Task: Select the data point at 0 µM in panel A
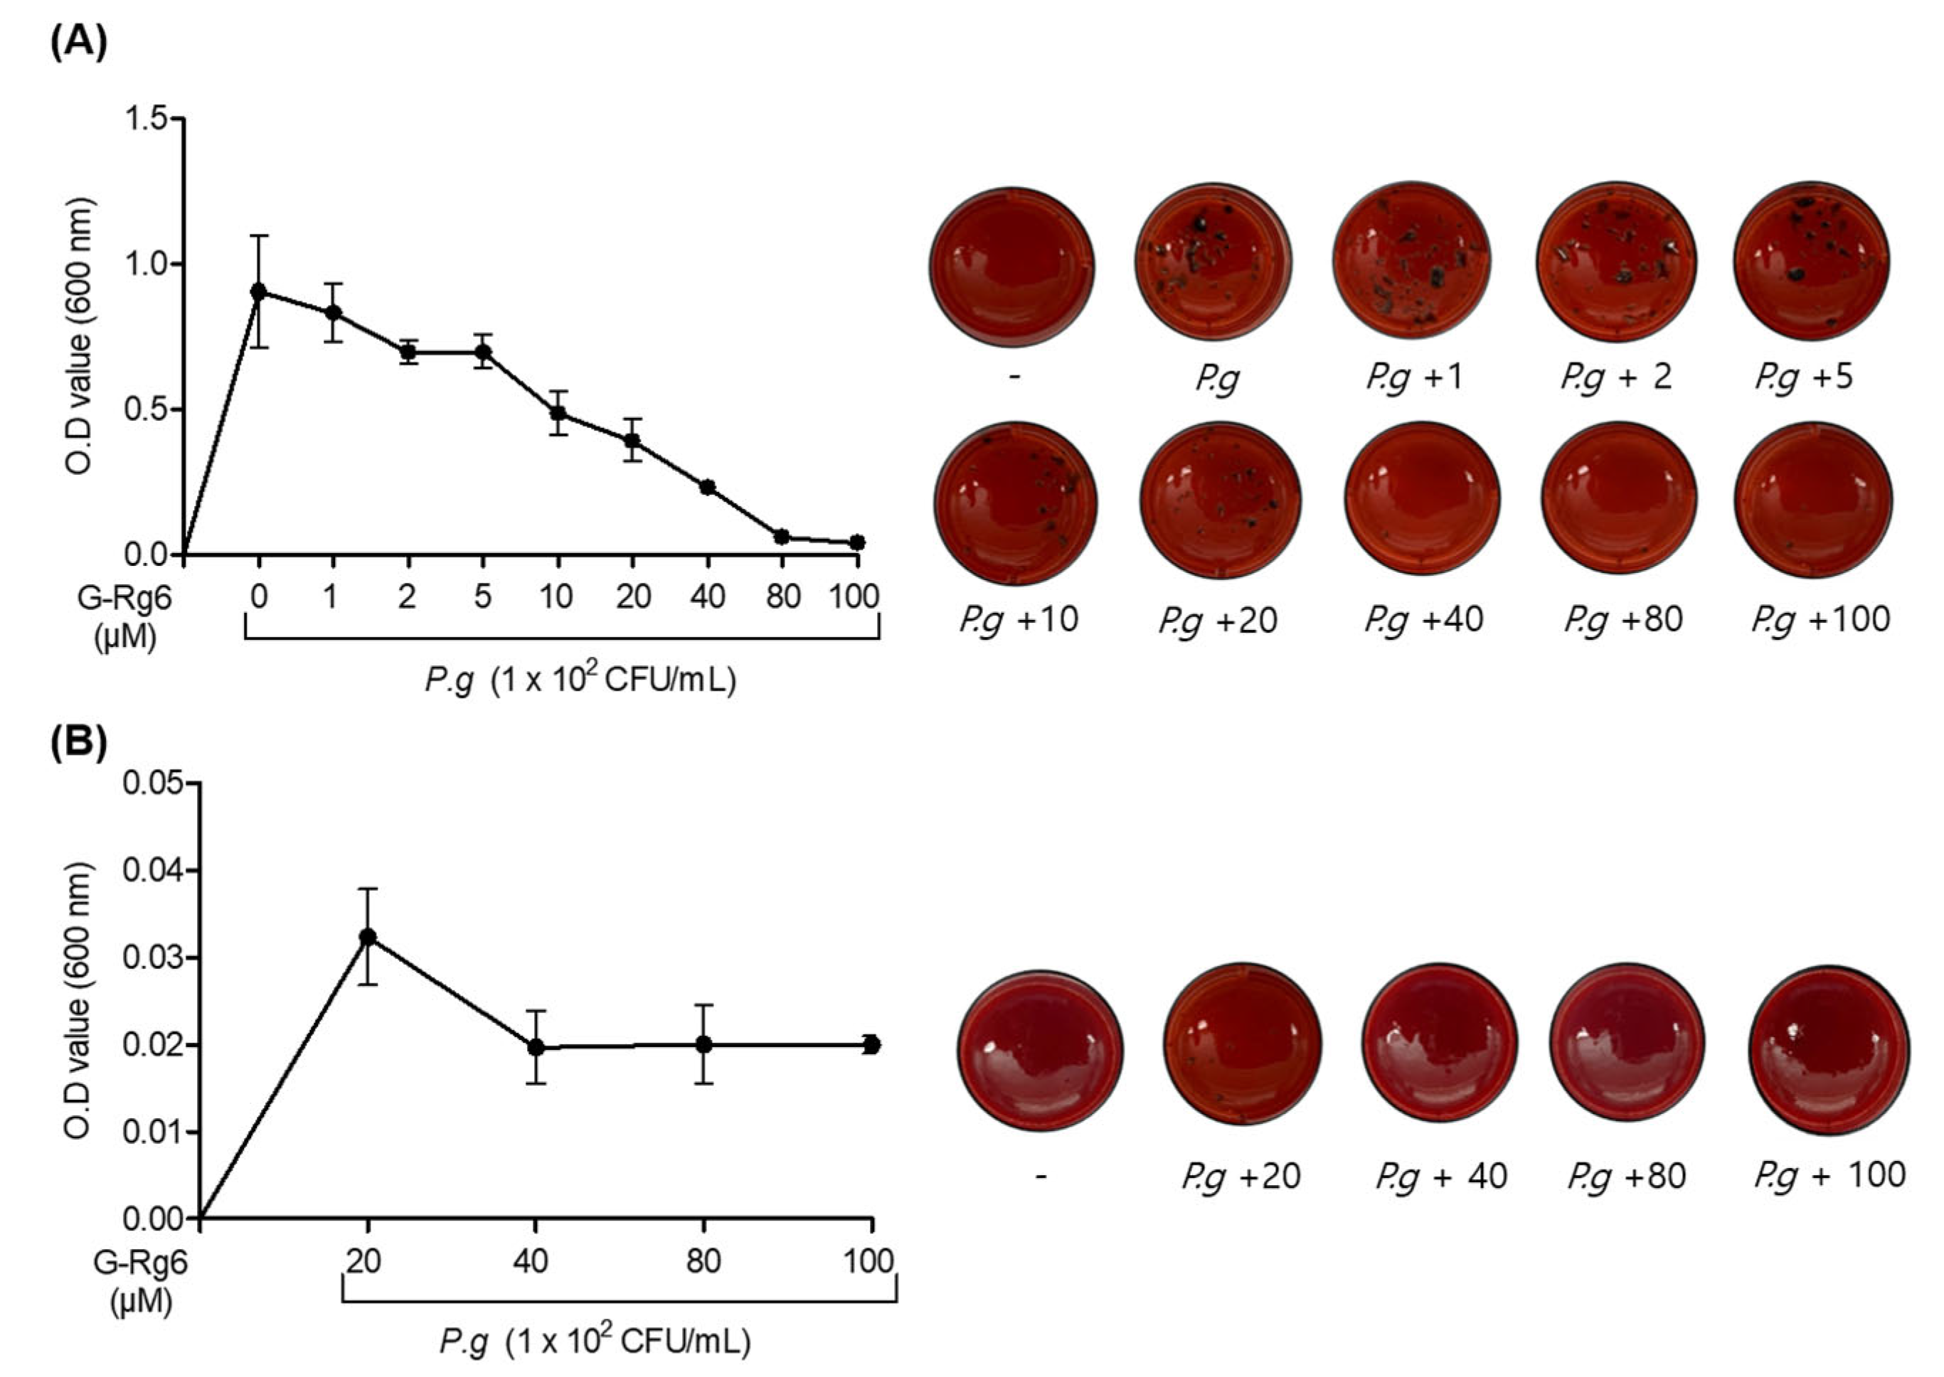259,291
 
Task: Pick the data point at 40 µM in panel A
707,487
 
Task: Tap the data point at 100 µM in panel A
858,542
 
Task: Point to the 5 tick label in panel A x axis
482,597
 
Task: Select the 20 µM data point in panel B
367,937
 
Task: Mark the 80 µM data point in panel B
703,1044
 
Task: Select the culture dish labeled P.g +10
1015,503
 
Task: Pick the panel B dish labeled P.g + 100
1829,1049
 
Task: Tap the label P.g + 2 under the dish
1616,377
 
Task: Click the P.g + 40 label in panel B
1440,1176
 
